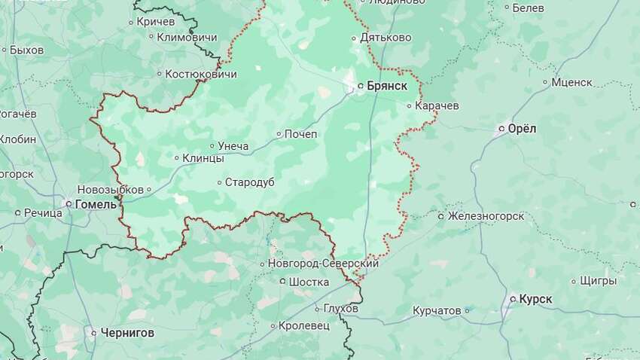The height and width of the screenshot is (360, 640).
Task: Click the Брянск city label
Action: pos(387,86)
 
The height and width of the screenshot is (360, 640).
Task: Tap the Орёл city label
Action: pos(522,129)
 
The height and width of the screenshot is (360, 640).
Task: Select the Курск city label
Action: pos(535,299)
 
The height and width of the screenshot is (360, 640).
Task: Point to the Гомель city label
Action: pos(96,204)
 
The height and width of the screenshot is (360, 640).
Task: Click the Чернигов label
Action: pos(127,332)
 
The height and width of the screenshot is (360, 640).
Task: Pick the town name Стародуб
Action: pos(249,182)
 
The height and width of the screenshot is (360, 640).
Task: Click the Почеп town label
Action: pos(300,134)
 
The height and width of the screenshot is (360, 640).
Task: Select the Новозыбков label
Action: pos(110,190)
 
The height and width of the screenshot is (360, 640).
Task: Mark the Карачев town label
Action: pos(437,106)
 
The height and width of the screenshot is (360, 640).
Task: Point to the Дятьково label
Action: pos(386,38)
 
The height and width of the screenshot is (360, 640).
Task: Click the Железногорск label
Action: pos(486,216)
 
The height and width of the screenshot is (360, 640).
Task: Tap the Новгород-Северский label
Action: pos(323,264)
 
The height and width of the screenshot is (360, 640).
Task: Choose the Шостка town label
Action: pos(309,282)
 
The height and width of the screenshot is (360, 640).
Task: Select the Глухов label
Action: pos(341,309)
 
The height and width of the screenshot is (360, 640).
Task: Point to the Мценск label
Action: pos(571,82)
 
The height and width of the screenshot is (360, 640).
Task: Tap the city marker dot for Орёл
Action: pos(502,130)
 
